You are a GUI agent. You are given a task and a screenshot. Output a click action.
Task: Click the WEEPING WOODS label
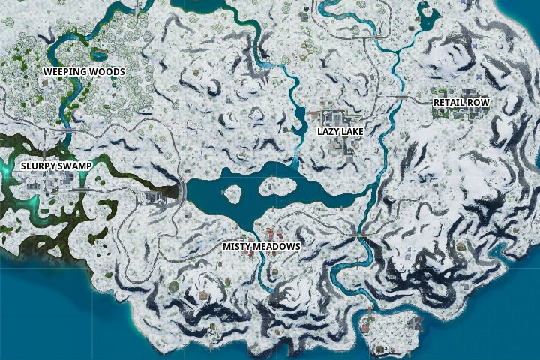(x=83, y=71)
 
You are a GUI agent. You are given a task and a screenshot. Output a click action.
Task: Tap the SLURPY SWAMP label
(x=51, y=166)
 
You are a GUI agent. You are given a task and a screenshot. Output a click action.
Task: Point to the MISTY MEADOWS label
(x=262, y=246)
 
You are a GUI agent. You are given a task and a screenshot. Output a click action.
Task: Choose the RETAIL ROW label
(x=459, y=101)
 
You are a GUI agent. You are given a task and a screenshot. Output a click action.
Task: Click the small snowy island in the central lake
(x=232, y=194)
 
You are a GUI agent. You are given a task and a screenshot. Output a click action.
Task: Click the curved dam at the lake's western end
(x=181, y=191)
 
